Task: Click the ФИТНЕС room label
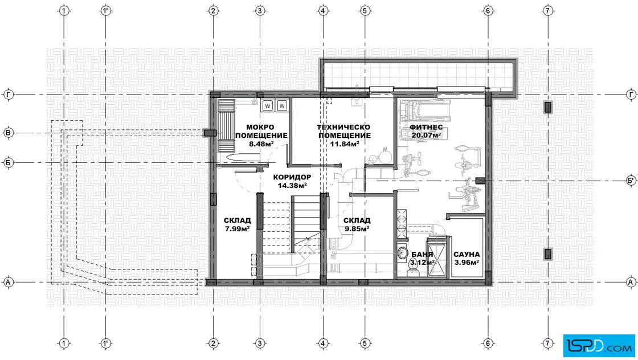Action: [x=426, y=128]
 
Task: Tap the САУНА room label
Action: [x=467, y=255]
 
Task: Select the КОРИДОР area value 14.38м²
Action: [x=292, y=186]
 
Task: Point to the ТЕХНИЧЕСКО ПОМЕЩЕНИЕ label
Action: [x=344, y=132]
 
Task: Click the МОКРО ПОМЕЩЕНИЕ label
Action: [x=261, y=132]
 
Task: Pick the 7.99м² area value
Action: [x=237, y=229]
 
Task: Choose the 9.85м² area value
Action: [x=357, y=229]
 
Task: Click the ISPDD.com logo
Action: [x=599, y=345]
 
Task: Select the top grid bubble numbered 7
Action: [x=547, y=11]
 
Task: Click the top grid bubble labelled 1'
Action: [x=106, y=11]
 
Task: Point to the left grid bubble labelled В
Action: [x=8, y=133]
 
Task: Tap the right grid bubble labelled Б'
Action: [x=631, y=181]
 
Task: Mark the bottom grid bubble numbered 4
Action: [x=323, y=343]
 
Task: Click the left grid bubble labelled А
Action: [x=8, y=282]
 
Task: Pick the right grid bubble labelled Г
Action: [x=631, y=95]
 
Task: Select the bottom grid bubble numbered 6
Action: [x=488, y=343]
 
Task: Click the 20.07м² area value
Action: [x=426, y=136]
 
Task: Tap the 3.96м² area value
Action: [x=467, y=263]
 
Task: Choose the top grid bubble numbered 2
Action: [x=213, y=11]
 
